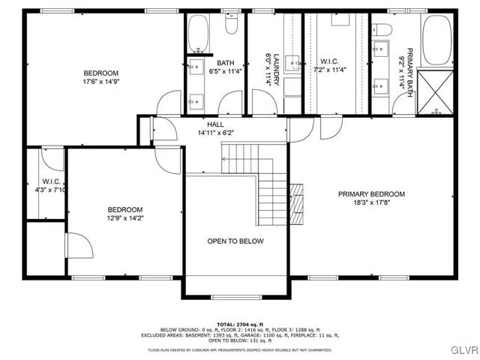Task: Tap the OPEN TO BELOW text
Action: pos(235,241)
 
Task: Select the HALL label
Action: pos(215,124)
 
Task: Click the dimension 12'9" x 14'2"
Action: pos(124,219)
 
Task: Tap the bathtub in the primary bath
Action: pos(436,41)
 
